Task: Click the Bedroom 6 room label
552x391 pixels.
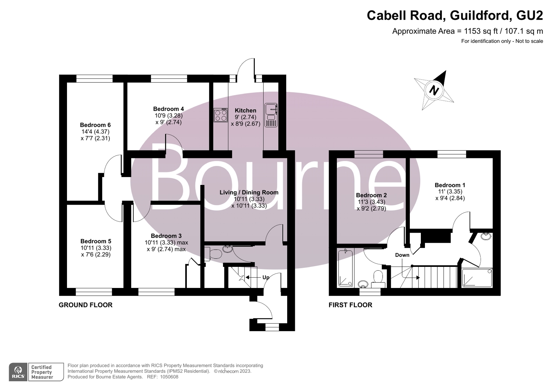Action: pyautogui.click(x=95, y=125)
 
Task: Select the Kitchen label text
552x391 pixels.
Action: pyautogui.click(x=245, y=111)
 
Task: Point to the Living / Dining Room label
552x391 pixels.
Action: pyautogui.click(x=249, y=193)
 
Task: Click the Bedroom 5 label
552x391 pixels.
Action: pyautogui.click(x=96, y=241)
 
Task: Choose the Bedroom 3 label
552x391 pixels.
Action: pyautogui.click(x=166, y=236)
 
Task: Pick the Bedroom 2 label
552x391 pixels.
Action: pyautogui.click(x=371, y=195)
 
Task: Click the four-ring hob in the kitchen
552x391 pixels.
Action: pyautogui.click(x=221, y=115)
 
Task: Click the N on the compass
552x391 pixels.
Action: pyautogui.click(x=434, y=91)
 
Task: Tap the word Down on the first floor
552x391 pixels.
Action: pyautogui.click(x=402, y=255)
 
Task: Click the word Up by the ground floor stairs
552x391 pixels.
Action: pyautogui.click(x=266, y=277)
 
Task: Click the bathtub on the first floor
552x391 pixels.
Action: pyautogui.click(x=345, y=269)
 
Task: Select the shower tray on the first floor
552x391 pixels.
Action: pyautogui.click(x=477, y=278)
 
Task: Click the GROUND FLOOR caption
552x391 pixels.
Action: pyautogui.click(x=86, y=305)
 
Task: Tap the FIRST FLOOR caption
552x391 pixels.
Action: pyautogui.click(x=350, y=305)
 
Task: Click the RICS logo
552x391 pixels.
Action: pyautogui.click(x=18, y=372)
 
